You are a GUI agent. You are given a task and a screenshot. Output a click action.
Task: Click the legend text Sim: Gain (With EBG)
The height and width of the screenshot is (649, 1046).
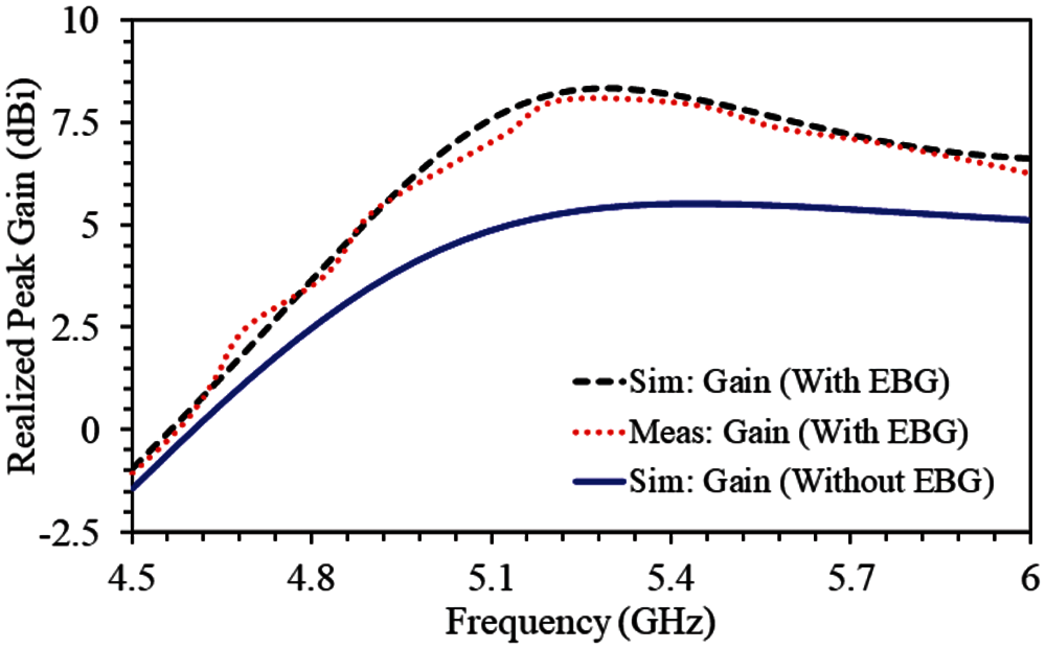790,382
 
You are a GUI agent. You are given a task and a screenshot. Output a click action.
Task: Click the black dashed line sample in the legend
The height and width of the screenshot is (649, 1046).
598,382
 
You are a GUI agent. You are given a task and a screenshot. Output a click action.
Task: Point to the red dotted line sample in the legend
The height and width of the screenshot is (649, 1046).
598,432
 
